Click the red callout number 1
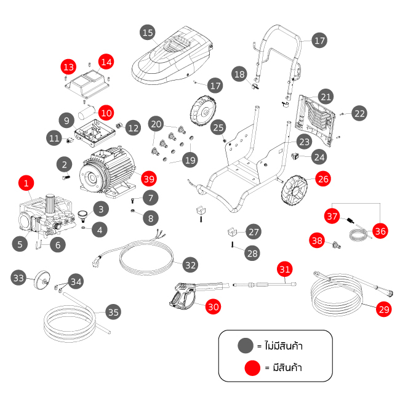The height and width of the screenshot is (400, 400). click(25, 183)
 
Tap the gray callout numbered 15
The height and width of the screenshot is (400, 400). click(147, 32)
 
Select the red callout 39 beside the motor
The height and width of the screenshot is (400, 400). click(148, 178)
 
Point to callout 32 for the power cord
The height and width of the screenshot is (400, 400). click(191, 265)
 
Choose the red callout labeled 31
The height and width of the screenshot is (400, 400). click(284, 269)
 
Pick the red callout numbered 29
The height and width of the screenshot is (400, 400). click(384, 310)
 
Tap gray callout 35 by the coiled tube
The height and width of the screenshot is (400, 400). click(113, 312)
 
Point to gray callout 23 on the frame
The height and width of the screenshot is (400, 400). click(303, 141)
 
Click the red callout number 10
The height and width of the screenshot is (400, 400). click(106, 113)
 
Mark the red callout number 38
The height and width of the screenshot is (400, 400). click(317, 241)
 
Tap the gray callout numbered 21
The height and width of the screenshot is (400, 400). click(326, 97)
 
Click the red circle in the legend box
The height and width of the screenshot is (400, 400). click(250, 368)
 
